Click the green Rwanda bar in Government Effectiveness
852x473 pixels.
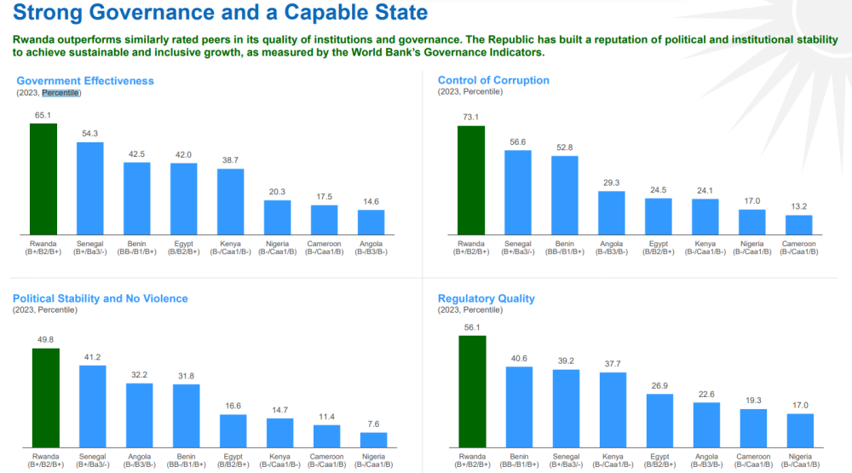click(43, 179)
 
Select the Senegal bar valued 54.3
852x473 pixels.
click(90, 188)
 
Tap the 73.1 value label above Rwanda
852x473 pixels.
click(470, 118)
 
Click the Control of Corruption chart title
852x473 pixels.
click(493, 80)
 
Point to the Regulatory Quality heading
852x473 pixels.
click(486, 298)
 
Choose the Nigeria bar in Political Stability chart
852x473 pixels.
click(373, 440)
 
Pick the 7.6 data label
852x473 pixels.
click(373, 424)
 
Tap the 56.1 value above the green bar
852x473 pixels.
click(472, 326)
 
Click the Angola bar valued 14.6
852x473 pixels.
click(371, 222)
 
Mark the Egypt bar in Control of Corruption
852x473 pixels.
click(658, 216)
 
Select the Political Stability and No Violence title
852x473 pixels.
click(100, 298)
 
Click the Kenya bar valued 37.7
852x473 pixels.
click(613, 410)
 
